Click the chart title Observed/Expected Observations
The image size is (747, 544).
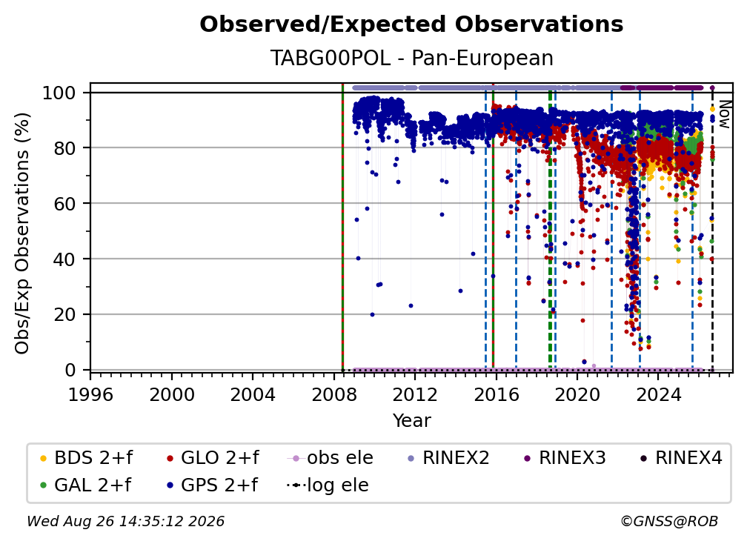pos(411,24)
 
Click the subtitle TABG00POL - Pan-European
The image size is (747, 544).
pos(411,58)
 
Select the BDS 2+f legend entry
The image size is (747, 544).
pos(86,458)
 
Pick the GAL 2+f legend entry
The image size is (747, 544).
pos(85,485)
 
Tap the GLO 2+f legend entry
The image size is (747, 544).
pos(213,458)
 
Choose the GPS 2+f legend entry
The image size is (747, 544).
pos(212,485)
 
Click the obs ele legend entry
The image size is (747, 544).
pos(331,458)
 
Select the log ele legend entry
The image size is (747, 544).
pos(328,485)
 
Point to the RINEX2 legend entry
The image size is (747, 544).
pos(449,458)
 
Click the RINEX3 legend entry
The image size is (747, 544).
pos(565,458)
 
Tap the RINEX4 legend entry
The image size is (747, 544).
pos(681,458)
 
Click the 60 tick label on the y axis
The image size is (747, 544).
pos(64,204)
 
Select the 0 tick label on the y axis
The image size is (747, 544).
pos(70,370)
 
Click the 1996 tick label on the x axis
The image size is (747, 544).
pos(90,395)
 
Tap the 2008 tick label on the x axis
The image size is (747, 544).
pos(334,395)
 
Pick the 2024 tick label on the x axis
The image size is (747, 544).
pos(658,395)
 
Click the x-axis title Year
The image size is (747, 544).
pos(411,421)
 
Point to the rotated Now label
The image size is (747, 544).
pos(724,114)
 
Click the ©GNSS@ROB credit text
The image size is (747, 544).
pos(669,522)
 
